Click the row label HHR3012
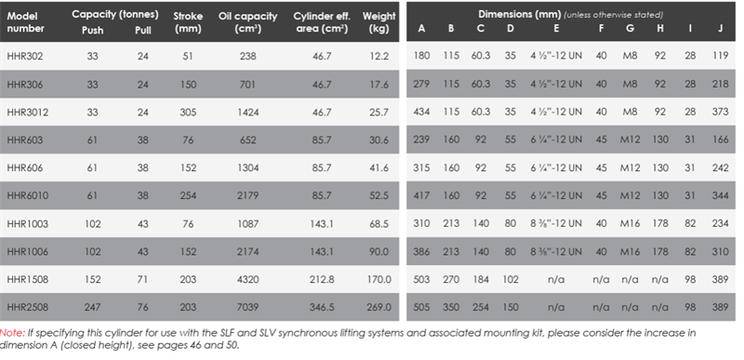coord(28,112)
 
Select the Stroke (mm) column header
coord(189,22)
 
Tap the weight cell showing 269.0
coord(379,307)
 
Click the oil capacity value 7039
coord(247,307)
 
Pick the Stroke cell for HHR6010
coord(189,195)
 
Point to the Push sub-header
coord(92,30)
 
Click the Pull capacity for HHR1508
coord(143,279)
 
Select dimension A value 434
coord(421,112)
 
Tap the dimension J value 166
coord(720,140)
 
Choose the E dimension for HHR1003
coord(556,223)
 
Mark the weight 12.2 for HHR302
coord(379,56)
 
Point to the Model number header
coord(26,22)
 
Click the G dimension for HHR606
coord(631,167)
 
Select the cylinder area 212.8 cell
coord(322,279)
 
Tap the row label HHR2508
coord(28,307)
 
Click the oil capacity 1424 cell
coord(247,112)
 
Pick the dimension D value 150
coord(510,307)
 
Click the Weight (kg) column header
coord(379,22)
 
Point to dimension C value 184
coord(481,279)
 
